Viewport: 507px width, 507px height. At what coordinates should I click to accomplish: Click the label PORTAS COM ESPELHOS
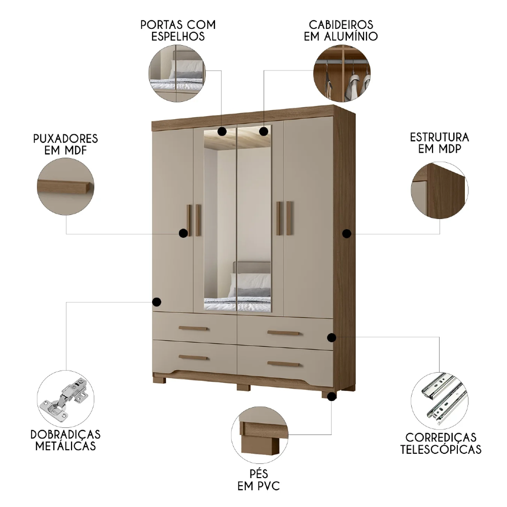point(178,30)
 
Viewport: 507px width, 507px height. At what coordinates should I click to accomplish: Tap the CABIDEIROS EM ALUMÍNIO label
point(341,30)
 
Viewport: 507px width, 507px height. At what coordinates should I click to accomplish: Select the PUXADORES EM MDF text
point(65,144)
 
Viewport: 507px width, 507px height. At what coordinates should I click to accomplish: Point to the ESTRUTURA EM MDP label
point(439,143)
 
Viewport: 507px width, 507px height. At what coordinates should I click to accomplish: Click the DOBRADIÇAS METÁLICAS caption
point(65,440)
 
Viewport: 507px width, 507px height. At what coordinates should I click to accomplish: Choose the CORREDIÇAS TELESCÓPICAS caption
point(441,443)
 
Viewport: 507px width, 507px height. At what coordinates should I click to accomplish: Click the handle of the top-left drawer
point(193,329)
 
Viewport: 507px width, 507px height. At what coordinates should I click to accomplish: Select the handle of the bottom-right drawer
point(284,364)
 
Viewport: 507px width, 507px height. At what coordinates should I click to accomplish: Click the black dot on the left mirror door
point(222,132)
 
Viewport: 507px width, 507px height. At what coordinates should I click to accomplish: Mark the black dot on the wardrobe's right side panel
point(347,234)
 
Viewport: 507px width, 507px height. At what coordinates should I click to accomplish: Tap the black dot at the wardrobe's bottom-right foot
point(332,397)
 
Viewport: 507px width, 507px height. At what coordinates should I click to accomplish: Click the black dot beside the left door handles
point(183,233)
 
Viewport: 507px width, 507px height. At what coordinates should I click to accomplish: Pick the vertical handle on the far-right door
point(289,218)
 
